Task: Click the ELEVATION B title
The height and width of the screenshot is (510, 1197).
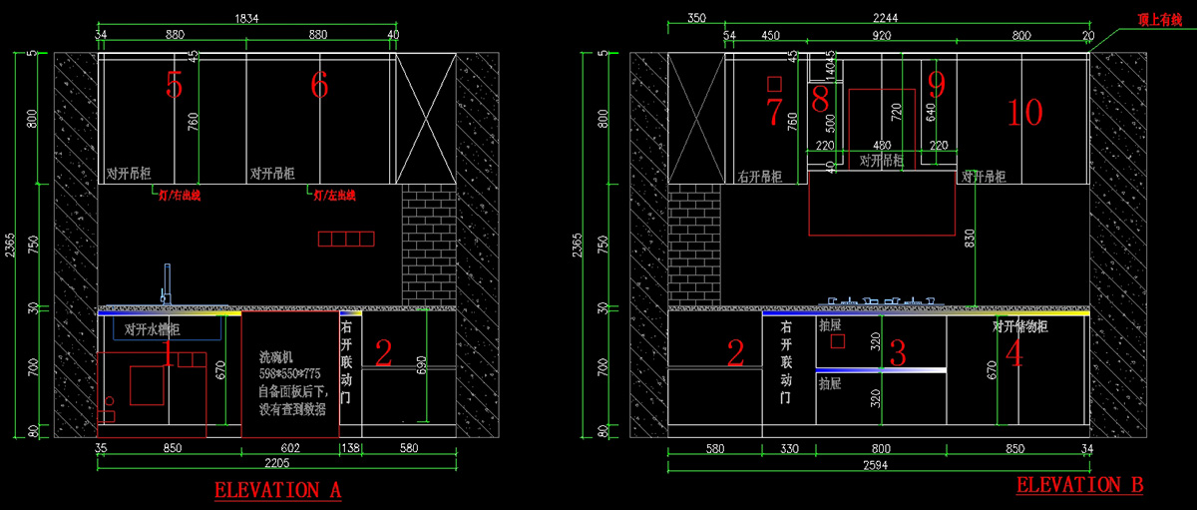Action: (x=1080, y=485)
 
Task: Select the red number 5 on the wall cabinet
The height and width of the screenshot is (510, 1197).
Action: (x=175, y=86)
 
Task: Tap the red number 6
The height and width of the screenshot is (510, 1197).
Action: (x=319, y=86)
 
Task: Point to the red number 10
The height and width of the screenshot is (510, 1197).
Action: (x=1024, y=113)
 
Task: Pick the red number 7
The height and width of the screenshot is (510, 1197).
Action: (x=774, y=113)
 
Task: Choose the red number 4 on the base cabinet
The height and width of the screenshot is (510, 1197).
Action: (x=1014, y=354)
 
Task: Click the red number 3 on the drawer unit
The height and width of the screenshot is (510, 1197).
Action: (x=897, y=352)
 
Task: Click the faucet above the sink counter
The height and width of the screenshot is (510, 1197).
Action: (x=167, y=284)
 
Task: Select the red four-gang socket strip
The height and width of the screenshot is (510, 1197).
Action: (x=346, y=239)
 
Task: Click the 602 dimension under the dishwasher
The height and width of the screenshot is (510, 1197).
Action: (x=290, y=448)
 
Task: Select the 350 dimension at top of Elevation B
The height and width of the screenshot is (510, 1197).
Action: (x=696, y=18)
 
